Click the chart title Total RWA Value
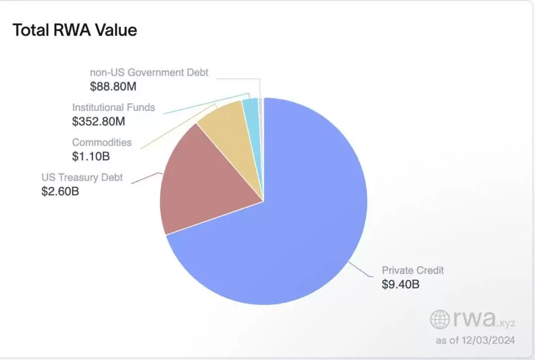click(x=75, y=30)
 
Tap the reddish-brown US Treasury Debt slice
click(x=208, y=183)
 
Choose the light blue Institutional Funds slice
click(x=251, y=111)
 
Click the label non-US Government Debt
click(x=149, y=72)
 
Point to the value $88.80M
click(x=113, y=87)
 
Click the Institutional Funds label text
click(x=113, y=107)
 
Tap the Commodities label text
click(x=102, y=142)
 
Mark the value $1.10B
click(x=91, y=156)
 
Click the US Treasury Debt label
click(x=82, y=177)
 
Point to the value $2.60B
click(x=60, y=191)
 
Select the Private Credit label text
click(x=413, y=270)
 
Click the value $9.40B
click(x=401, y=285)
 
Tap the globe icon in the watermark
click(x=440, y=319)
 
